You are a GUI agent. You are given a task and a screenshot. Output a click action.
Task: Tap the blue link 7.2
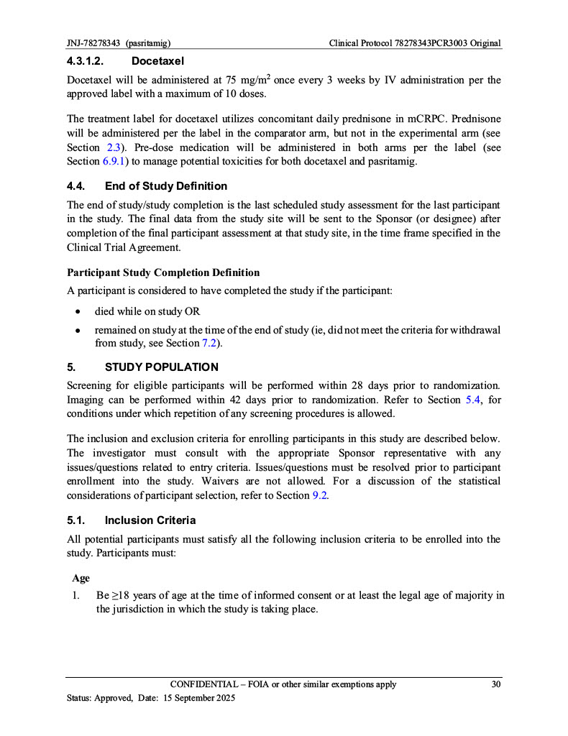coord(211,344)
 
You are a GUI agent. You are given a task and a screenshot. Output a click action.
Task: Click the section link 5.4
coord(475,400)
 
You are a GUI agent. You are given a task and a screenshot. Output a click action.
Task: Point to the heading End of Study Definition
coord(165,186)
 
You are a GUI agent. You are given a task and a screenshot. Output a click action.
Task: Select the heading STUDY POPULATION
coord(157,367)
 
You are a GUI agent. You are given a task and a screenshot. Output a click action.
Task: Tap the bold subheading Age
coord(81,578)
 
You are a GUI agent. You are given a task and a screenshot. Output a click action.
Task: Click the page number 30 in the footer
coord(496,684)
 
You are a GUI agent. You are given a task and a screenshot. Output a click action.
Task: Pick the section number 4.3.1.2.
coord(91,62)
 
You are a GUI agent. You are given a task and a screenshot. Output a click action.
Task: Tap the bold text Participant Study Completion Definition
coord(163,273)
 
